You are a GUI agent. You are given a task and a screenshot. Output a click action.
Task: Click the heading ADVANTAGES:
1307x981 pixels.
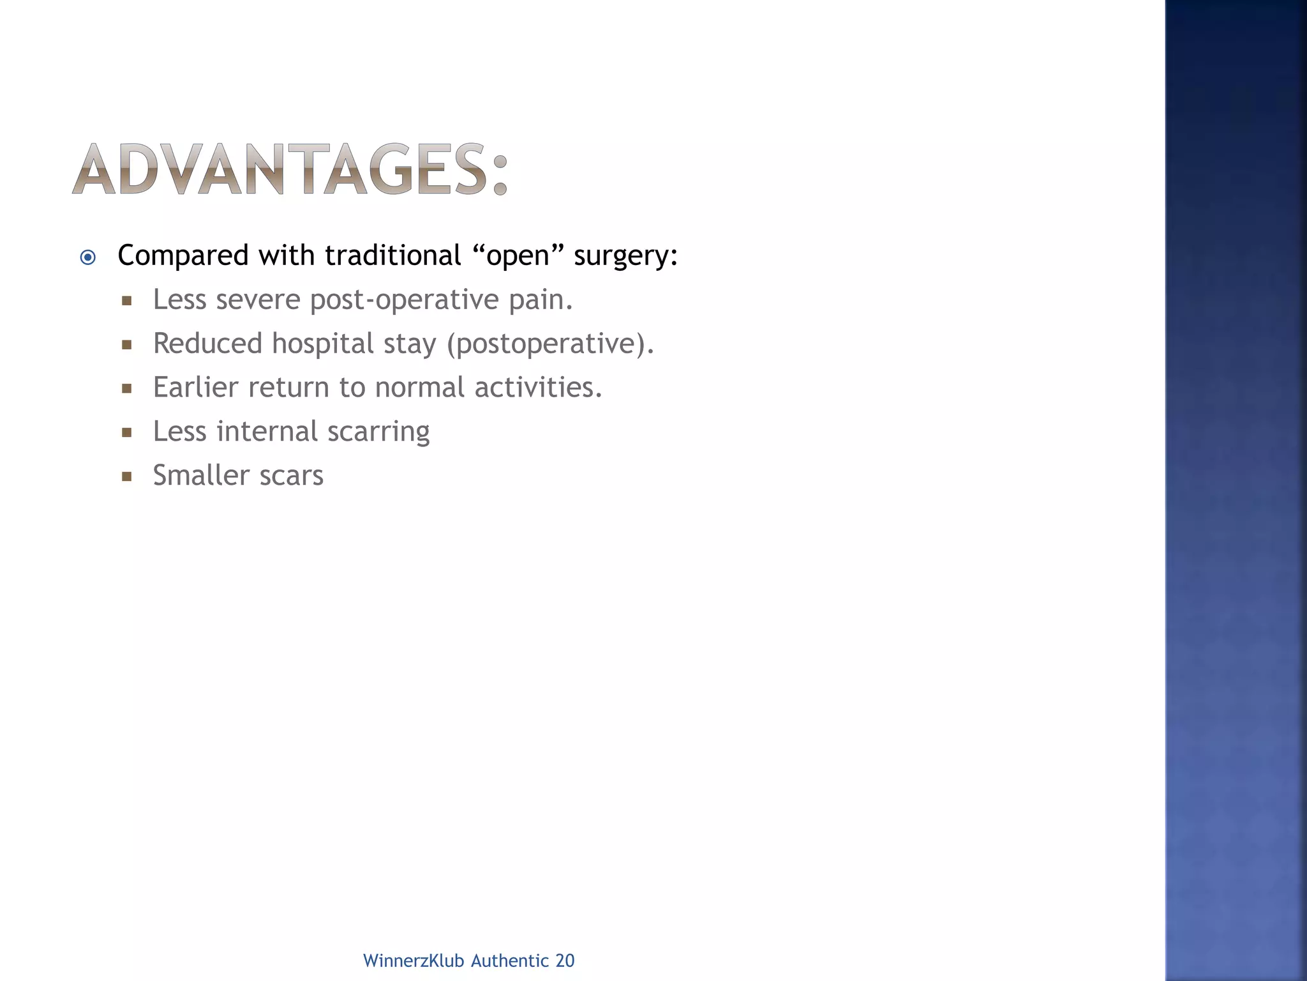point(290,169)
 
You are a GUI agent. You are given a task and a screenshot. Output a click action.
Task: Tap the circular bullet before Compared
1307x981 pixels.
point(88,257)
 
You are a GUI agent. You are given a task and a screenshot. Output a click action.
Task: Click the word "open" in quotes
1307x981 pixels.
point(518,255)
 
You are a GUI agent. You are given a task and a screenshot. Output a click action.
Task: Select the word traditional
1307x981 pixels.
point(392,255)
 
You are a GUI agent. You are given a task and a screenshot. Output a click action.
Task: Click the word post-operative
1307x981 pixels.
point(404,300)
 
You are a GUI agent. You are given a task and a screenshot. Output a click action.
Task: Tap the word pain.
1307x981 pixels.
point(541,300)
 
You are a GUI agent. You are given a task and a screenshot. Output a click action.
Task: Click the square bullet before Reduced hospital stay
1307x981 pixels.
point(126,345)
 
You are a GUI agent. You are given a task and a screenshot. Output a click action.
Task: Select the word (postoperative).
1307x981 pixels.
point(550,344)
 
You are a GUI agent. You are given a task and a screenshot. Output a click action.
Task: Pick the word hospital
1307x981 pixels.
point(322,344)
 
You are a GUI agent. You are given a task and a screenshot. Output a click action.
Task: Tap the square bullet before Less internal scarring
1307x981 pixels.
point(126,432)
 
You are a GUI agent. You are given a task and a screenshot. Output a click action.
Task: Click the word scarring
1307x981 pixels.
point(378,432)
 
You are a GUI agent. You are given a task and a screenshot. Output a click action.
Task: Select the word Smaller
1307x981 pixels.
point(201,475)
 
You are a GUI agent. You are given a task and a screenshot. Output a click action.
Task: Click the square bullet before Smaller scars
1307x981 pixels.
point(126,476)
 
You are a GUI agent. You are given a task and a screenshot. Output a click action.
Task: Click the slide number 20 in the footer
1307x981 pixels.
point(565,961)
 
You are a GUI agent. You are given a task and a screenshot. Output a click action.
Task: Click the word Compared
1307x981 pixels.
point(183,256)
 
